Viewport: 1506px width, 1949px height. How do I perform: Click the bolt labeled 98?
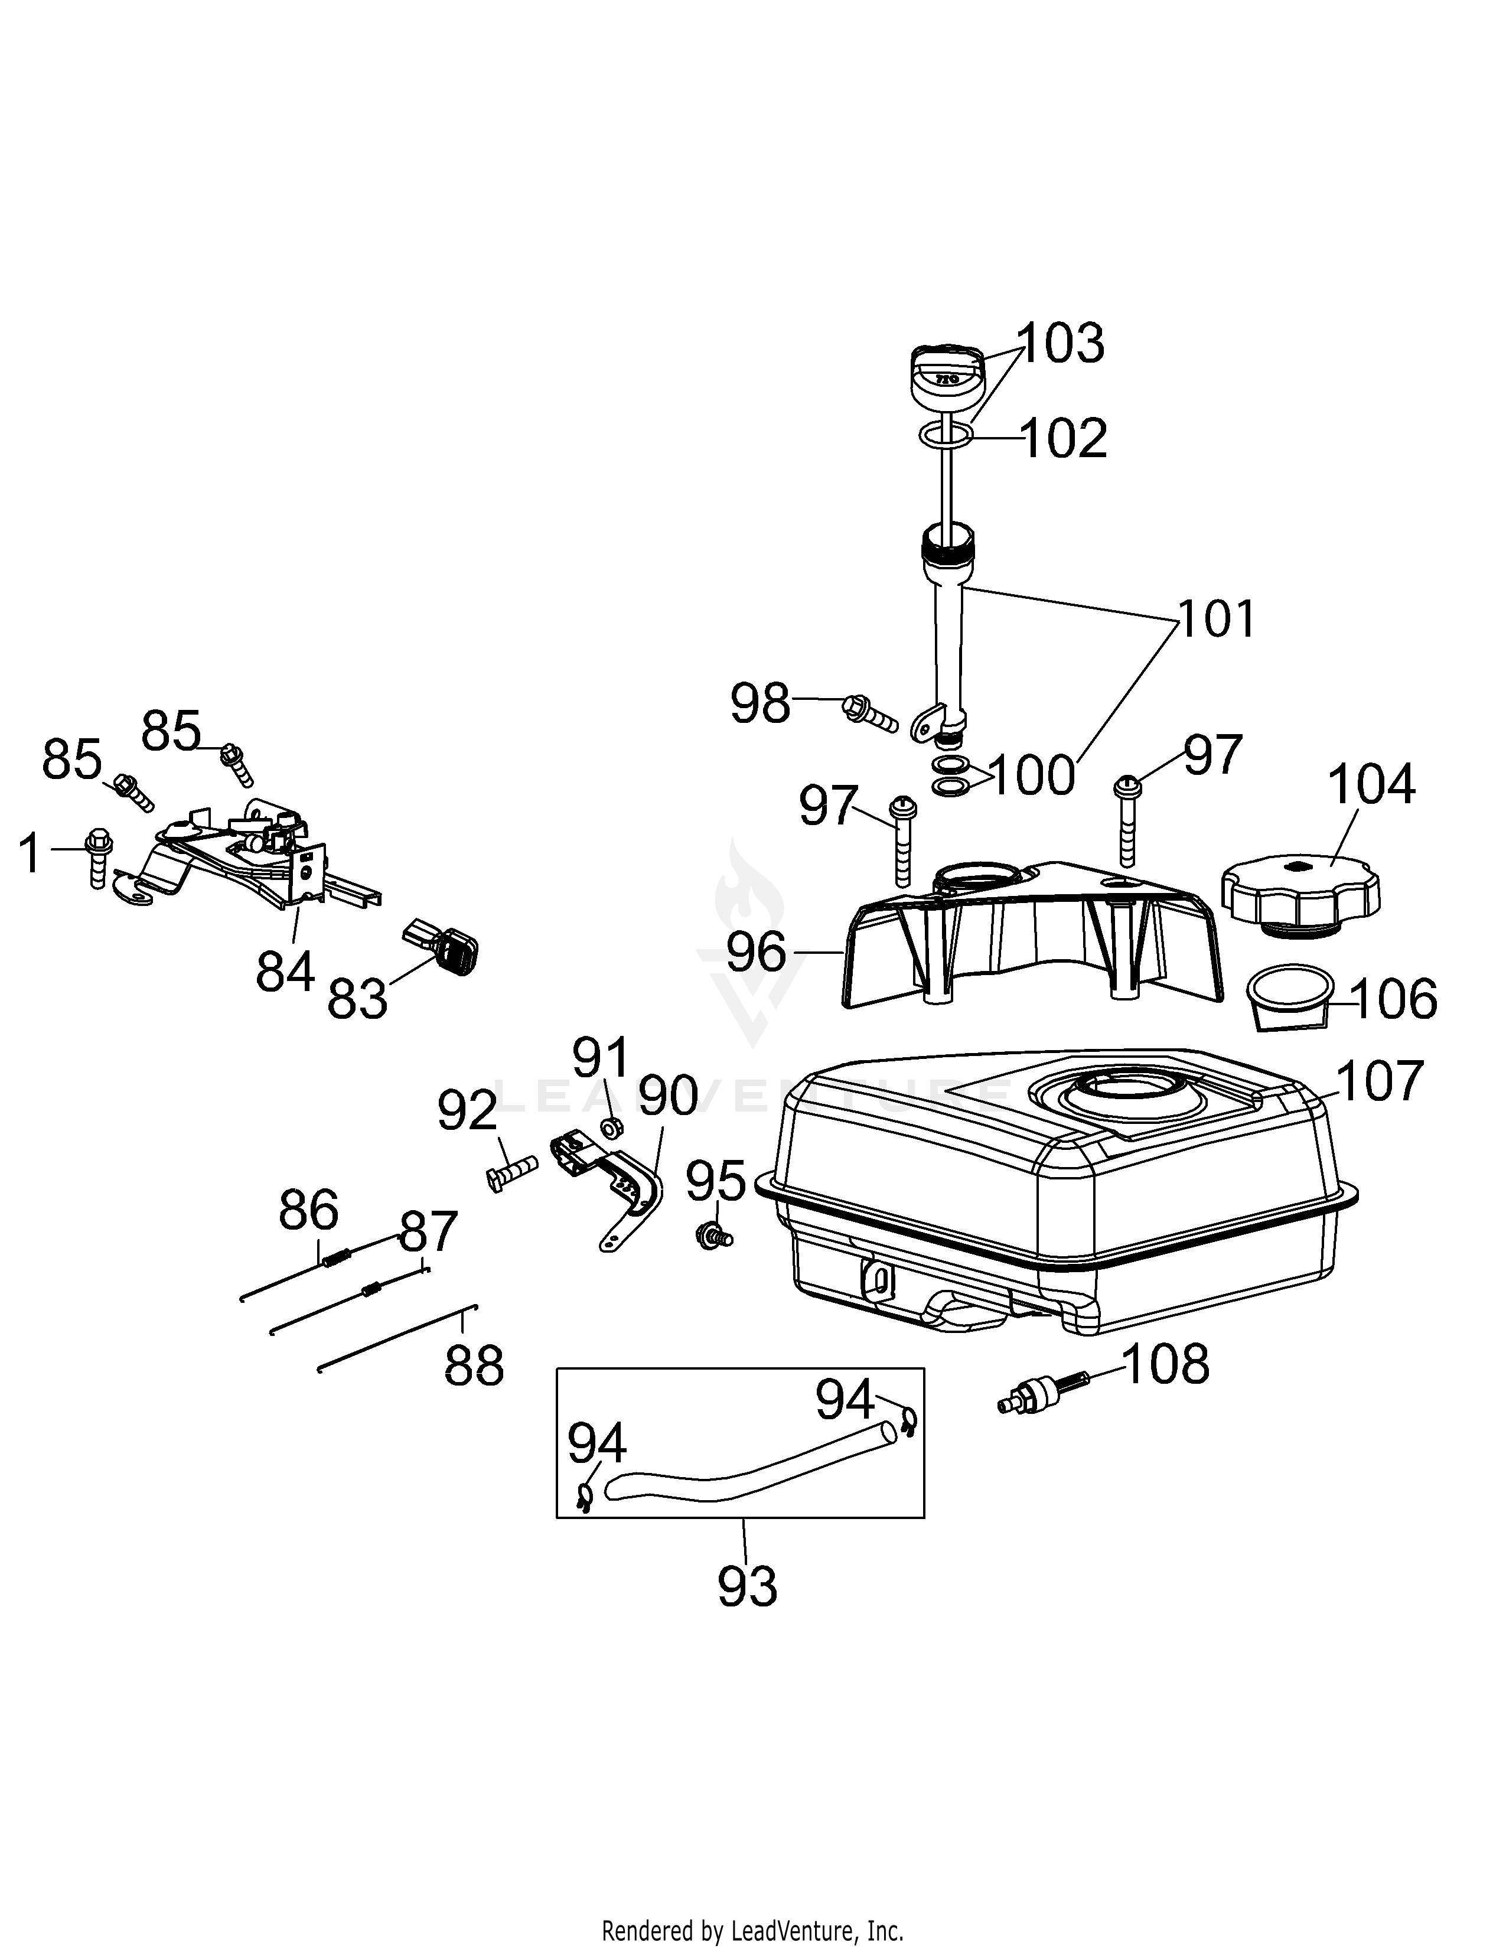869,711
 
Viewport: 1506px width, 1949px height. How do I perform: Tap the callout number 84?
285,971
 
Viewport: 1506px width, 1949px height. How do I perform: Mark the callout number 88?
474,1364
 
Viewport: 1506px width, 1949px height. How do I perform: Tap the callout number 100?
1031,775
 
